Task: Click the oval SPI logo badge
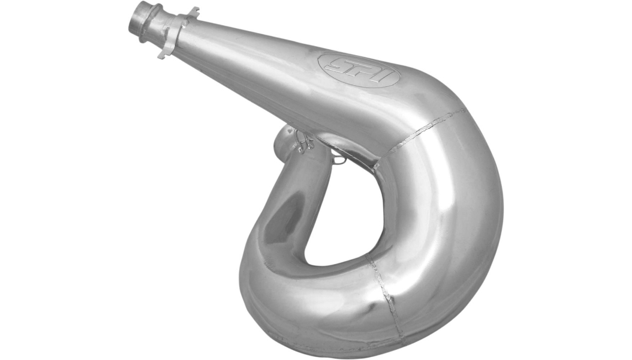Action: (x=359, y=69)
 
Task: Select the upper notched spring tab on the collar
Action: (x=193, y=11)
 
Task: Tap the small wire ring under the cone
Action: (x=339, y=160)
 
